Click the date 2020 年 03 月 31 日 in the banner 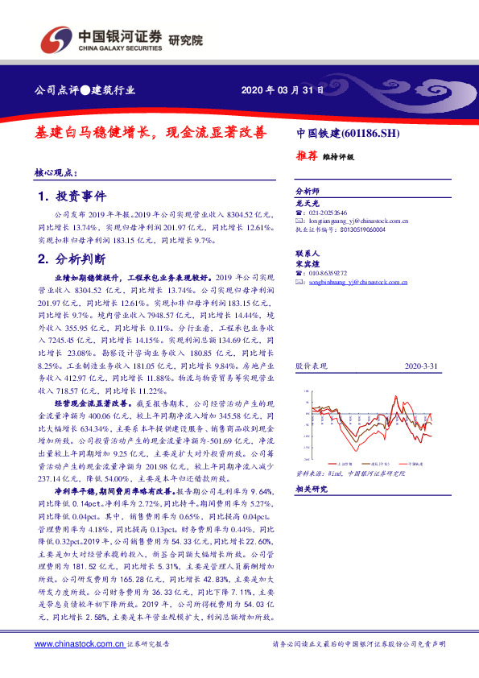pos(283,90)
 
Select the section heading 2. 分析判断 pos(72,259)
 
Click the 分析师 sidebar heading pos(308,192)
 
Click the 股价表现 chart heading pos(312,366)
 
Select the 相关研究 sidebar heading pos(311,489)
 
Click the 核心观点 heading pos(56,172)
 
